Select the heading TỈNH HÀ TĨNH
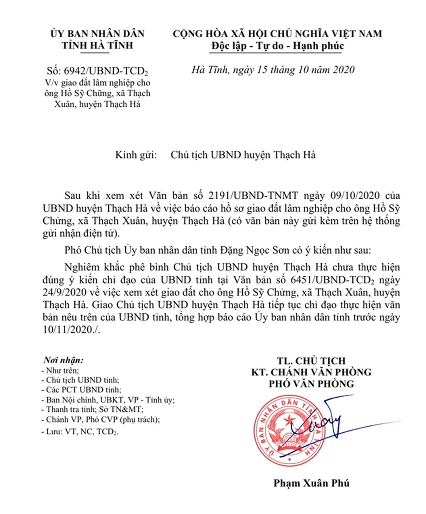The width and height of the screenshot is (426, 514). click(97, 45)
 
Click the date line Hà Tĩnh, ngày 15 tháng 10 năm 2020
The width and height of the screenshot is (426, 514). click(273, 70)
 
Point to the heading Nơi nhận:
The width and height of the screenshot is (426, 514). click(63, 360)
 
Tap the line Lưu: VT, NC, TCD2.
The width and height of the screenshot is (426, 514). click(80, 431)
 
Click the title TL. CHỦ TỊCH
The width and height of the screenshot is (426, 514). click(311, 361)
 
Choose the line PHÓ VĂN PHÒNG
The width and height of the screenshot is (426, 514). click(311, 384)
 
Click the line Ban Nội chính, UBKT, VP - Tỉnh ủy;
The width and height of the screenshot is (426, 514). click(108, 400)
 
